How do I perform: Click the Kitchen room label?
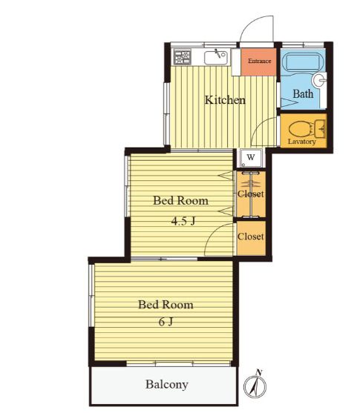[225, 100]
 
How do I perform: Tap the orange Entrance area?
[258, 62]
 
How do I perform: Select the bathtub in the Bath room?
[303, 62]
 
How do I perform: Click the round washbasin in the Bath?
[319, 80]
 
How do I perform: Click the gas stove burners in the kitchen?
[183, 57]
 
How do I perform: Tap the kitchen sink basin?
[216, 58]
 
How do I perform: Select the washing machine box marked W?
[251, 158]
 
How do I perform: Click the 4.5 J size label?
[183, 221]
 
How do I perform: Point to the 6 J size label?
[166, 322]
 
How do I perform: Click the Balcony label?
[167, 385]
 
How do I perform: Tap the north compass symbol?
[255, 386]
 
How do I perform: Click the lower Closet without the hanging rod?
[251, 238]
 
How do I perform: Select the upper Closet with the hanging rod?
[251, 194]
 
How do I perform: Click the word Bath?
[303, 93]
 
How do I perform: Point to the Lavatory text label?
[301, 142]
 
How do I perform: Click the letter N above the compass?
[259, 372]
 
